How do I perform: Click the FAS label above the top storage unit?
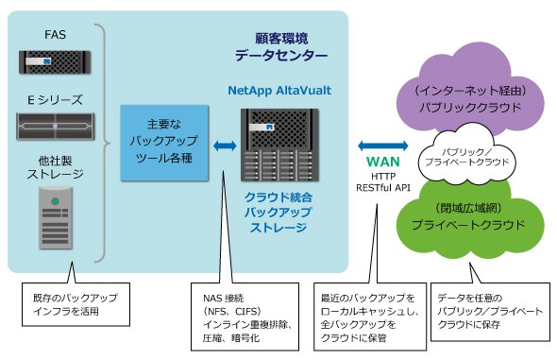[55, 34]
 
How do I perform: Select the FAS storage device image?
[55, 62]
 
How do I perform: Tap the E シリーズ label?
[55, 100]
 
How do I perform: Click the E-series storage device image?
[55, 127]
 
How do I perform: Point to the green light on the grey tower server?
[55, 201]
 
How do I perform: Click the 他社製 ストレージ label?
[55, 167]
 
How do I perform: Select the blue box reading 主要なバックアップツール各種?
[164, 143]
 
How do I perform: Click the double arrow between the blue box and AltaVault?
[225, 146]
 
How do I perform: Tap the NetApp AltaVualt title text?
[279, 91]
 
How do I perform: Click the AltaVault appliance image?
[279, 145]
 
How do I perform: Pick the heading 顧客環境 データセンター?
[281, 46]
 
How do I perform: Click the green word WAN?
[383, 162]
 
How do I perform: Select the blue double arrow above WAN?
[383, 146]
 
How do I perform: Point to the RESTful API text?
[383, 187]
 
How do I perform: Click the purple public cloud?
[469, 89]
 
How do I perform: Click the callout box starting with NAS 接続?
[245, 317]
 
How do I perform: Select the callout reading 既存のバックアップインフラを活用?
[76, 304]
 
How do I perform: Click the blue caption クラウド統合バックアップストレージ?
[278, 213]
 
